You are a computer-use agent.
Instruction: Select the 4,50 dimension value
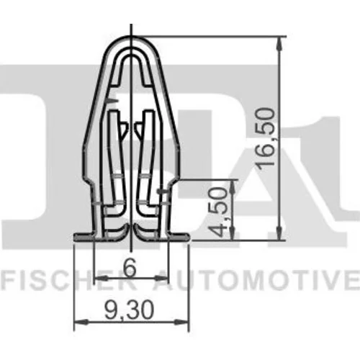pyautogui.click(x=218, y=212)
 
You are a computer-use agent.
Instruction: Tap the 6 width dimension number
pyautogui.click(x=130, y=268)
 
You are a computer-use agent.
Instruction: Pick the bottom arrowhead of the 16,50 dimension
pyautogui.click(x=279, y=233)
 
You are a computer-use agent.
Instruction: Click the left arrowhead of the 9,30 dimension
pyautogui.click(x=81, y=322)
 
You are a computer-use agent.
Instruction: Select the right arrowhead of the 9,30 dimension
pyautogui.click(x=182, y=322)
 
